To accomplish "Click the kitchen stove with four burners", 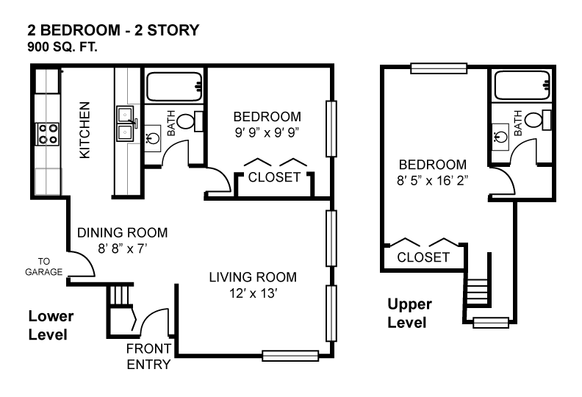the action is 48,134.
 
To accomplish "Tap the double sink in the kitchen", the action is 126,124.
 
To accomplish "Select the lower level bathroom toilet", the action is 190,121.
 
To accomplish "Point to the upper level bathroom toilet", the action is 538,120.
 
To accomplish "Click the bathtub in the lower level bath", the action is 174,86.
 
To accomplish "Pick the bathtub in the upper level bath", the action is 522,85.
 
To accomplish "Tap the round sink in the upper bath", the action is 500,137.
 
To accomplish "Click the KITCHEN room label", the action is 85,130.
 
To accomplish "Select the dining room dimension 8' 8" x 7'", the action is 123,248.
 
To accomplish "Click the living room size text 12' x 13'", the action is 253,293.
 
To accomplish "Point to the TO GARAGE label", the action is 44,267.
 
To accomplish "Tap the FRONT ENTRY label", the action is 148,357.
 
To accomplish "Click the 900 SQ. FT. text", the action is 62,47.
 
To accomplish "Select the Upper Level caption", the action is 409,313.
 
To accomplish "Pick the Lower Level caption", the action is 51,326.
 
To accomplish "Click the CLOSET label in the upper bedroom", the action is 423,257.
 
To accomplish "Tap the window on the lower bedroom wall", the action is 331,129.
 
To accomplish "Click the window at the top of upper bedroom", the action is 439,68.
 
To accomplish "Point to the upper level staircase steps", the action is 478,292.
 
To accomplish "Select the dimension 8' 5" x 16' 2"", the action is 432,181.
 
